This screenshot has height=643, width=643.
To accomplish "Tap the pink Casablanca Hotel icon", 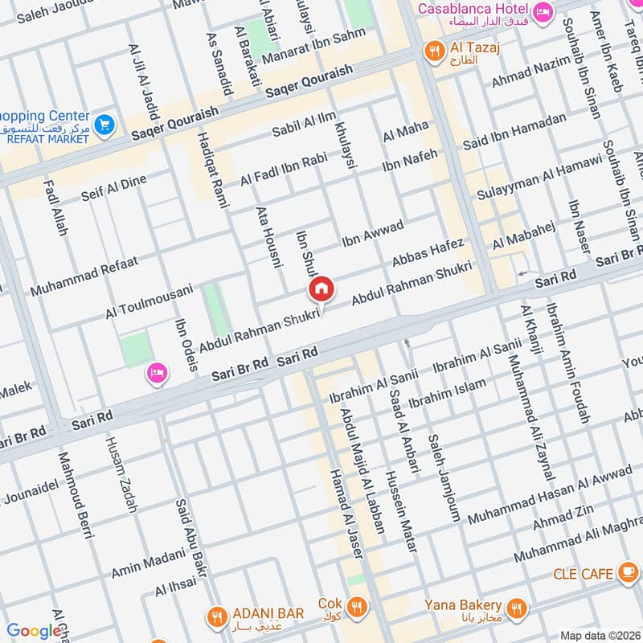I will [x=544, y=11].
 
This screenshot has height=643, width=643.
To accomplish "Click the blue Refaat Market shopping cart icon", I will [x=104, y=125].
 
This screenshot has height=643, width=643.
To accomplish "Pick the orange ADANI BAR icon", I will [x=215, y=617].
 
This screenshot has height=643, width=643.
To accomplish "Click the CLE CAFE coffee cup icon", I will [x=627, y=574].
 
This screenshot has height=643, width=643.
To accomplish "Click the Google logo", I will [x=34, y=632].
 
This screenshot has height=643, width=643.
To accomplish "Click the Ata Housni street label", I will [x=266, y=233].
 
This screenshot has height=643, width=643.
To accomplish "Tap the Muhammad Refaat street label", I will [x=84, y=274].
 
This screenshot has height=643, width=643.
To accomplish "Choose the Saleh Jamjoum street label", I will [x=443, y=477].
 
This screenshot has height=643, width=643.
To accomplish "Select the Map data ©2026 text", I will [x=599, y=635].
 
